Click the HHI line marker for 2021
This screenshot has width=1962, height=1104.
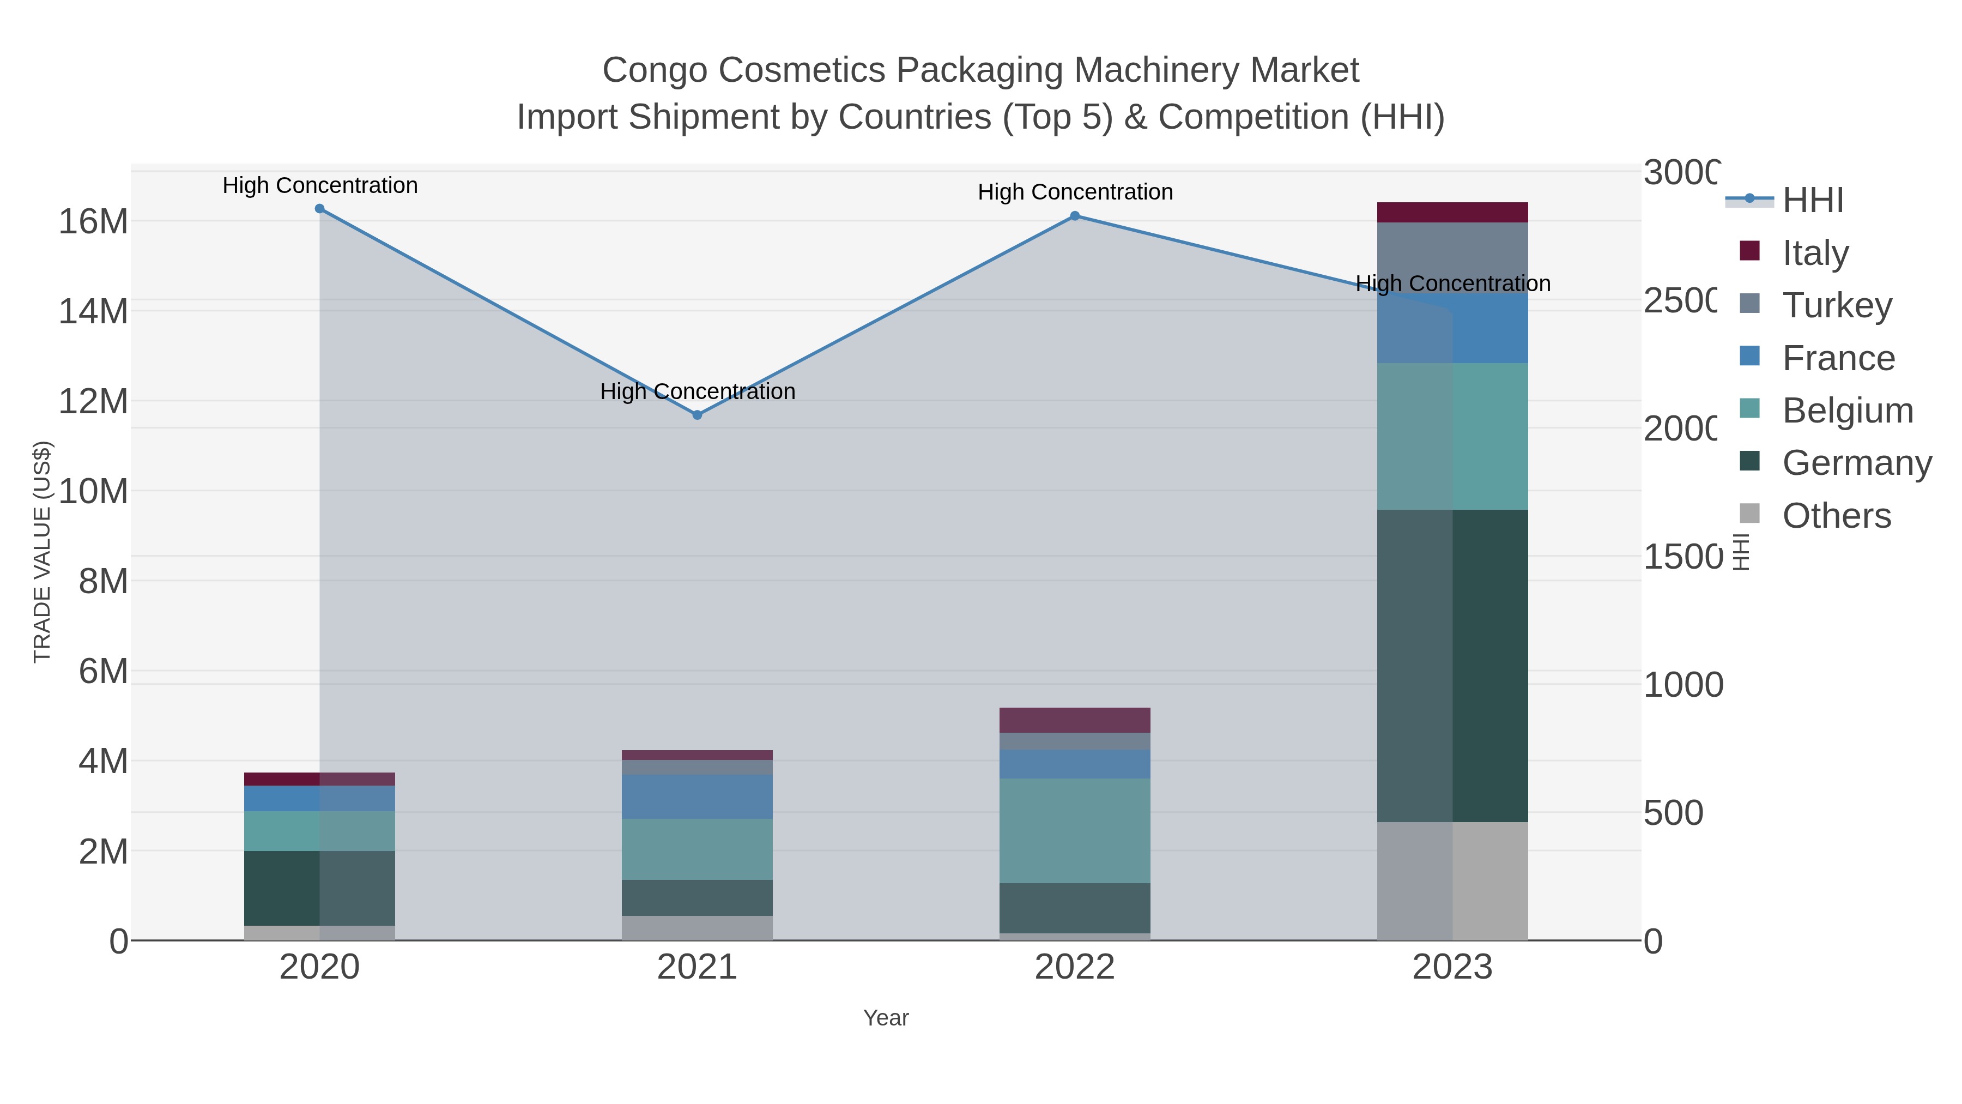pos(697,414)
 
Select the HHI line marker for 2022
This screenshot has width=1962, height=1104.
pos(1075,215)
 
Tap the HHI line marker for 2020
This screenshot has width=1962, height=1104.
pos(320,209)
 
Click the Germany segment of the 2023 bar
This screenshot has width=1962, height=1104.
pos(1452,665)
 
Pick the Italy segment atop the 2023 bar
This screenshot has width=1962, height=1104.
pos(1452,213)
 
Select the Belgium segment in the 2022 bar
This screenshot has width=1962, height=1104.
pos(1075,830)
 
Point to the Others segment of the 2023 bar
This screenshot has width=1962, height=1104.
pos(1452,881)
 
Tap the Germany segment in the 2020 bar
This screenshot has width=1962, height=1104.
pos(319,888)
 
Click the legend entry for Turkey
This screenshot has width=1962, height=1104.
pos(1836,305)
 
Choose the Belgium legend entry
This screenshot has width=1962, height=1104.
pos(1847,411)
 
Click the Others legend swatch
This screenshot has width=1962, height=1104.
pos(1750,514)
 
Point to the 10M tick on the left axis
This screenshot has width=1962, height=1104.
pos(93,491)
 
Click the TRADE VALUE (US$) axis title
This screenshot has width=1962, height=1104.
pos(43,552)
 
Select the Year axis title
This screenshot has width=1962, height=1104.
pos(886,1018)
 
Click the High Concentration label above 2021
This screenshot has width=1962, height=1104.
pos(698,391)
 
